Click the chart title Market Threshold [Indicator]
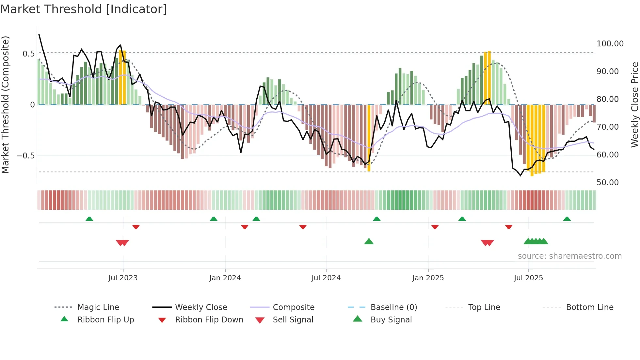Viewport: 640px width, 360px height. (84, 9)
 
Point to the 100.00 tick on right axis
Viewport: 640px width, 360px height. (610, 44)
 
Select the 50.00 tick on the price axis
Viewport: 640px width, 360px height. (607, 183)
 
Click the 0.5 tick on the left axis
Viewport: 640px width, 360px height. (28, 54)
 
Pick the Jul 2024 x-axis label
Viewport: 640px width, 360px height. (326, 278)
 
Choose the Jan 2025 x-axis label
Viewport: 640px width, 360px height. (428, 278)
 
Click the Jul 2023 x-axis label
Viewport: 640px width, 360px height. (123, 278)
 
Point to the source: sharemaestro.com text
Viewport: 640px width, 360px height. (569, 256)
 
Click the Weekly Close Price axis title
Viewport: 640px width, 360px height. (634, 105)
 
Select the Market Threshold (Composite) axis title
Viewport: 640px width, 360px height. (5, 105)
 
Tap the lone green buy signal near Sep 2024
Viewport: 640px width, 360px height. (369, 241)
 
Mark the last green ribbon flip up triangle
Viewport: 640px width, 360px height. (567, 219)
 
